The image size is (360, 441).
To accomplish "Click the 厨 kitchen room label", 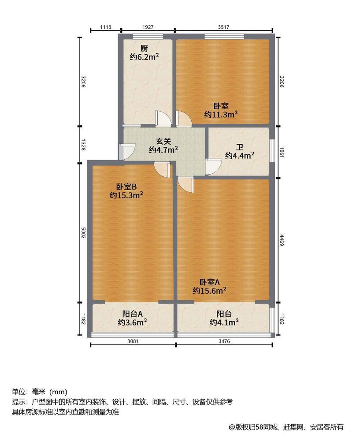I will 144,49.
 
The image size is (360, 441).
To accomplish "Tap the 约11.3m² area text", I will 221,114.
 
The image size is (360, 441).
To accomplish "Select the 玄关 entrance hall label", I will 163,142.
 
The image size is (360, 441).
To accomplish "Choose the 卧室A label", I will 209,282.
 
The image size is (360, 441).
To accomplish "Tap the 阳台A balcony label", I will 132,314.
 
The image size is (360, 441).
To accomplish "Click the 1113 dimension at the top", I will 105,27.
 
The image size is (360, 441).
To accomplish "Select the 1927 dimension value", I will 148,27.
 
